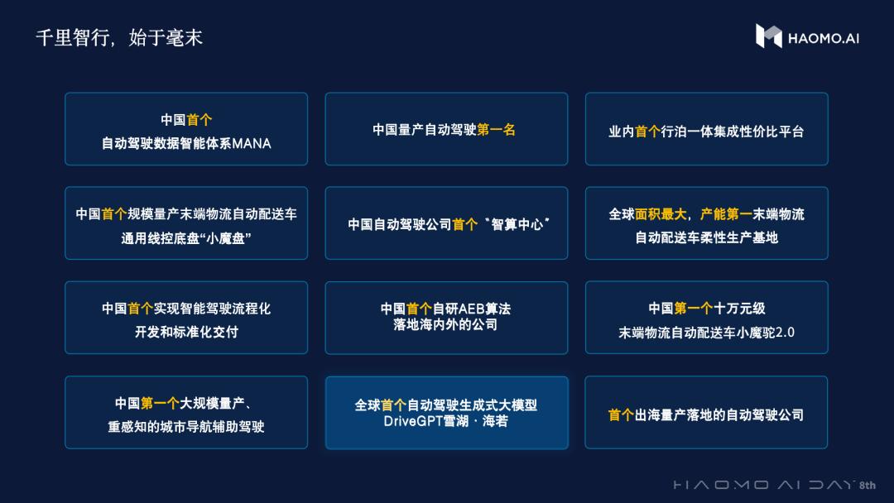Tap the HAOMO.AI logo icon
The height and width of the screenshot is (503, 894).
pos(768,36)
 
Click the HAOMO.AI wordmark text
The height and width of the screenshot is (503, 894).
pos(824,37)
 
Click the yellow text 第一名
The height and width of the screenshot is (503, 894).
pos(496,130)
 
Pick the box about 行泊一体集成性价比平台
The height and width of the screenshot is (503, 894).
pos(706,129)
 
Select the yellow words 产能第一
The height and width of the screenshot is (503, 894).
pos(726,214)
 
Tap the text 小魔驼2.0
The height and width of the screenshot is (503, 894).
pos(760,333)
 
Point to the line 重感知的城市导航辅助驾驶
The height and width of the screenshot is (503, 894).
pos(186,427)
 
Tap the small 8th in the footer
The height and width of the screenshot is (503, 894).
pos(868,486)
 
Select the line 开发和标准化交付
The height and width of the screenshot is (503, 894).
pos(186,333)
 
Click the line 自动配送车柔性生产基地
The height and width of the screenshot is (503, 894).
pos(706,238)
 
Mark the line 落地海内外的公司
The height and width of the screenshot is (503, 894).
pos(446,325)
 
